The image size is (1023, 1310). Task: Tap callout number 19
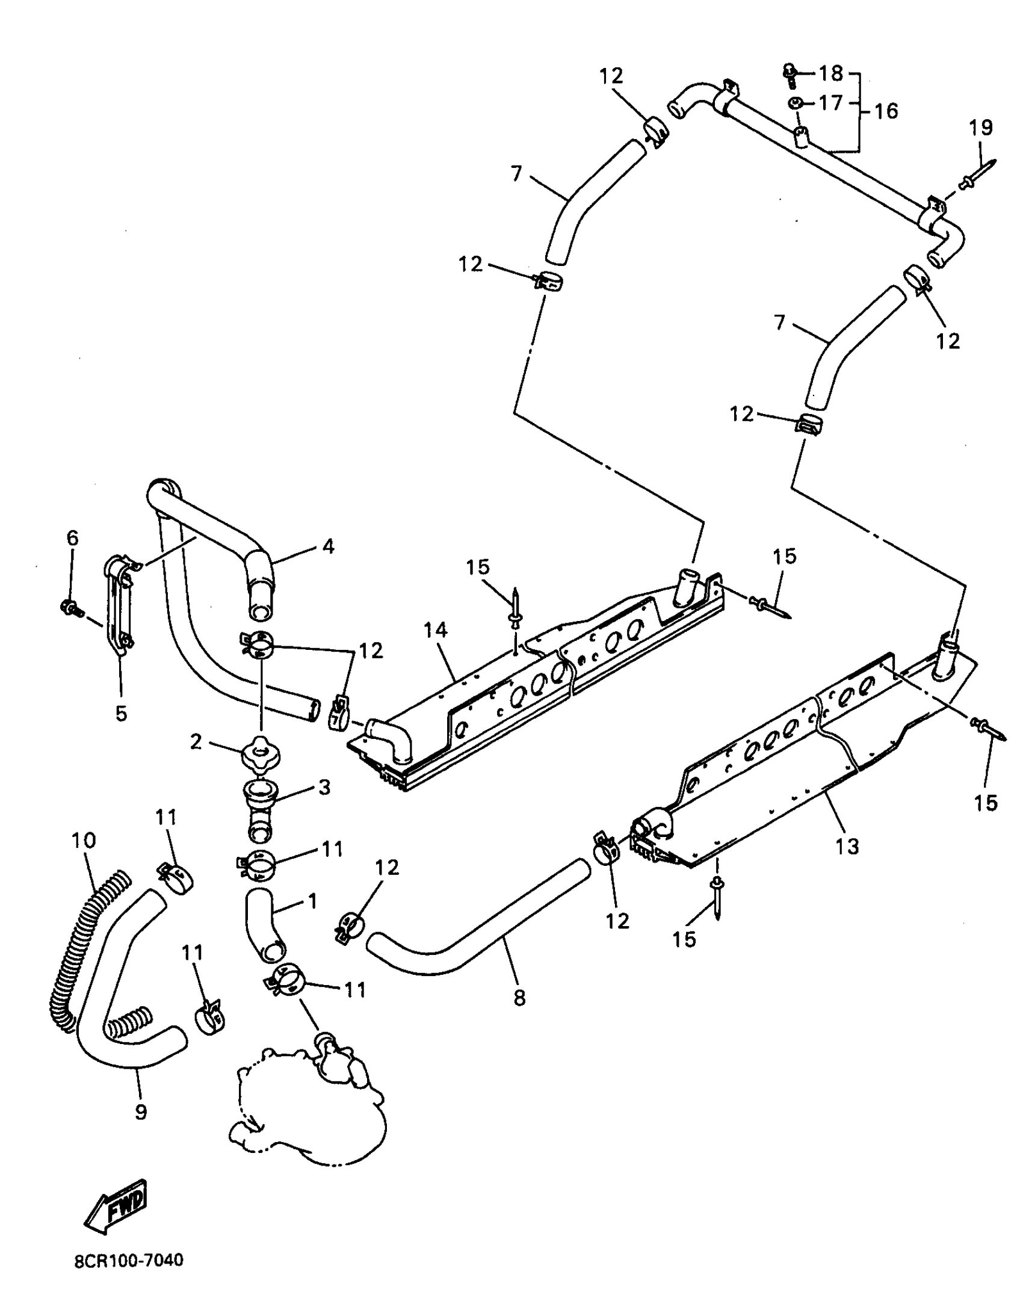pos(980,128)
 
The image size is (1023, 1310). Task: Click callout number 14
pos(435,630)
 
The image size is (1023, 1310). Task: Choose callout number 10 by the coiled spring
pos(83,840)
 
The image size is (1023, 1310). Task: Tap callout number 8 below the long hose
pos(519,998)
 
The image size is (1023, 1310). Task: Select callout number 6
pos(72,537)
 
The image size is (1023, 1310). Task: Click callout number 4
pos(327,546)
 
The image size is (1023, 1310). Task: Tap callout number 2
pos(196,742)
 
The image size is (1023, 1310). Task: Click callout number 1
pos(312,901)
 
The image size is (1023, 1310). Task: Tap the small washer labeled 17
pos(796,104)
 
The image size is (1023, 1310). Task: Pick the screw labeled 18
pos(791,75)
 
